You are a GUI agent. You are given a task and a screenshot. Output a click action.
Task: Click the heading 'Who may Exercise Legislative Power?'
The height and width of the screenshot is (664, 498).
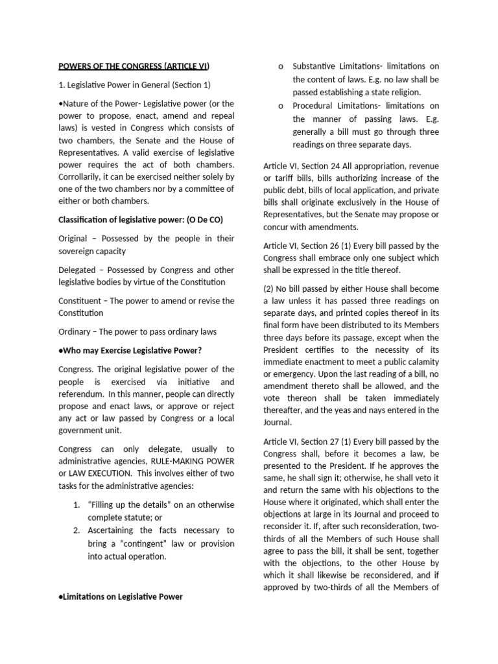(132, 351)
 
